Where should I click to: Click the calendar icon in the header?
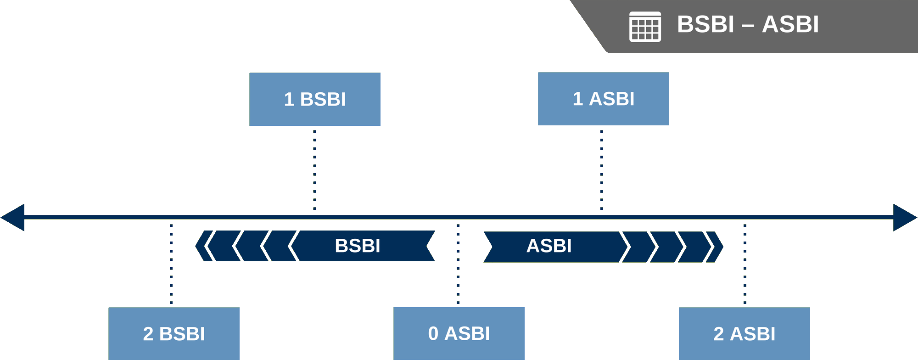coord(645,27)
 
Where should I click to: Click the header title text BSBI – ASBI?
coord(748,24)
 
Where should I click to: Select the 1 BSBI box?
coord(314,99)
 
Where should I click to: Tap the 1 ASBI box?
coord(603,99)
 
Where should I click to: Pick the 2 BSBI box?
coord(174,333)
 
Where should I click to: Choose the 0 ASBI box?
coord(459,333)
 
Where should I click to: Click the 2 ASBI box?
coord(744,333)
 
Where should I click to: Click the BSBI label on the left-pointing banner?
coord(358,246)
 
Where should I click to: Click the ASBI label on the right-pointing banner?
coord(549,246)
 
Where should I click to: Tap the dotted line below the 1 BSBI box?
coord(314,170)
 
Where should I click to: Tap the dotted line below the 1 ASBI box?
coord(602,170)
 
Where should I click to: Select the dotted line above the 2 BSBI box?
coord(171,264)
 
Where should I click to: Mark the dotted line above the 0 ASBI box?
coord(458,264)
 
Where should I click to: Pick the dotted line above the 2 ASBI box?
coord(744,264)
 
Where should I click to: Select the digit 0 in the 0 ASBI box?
coord(433,333)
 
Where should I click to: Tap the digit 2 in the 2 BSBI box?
coord(148,334)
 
